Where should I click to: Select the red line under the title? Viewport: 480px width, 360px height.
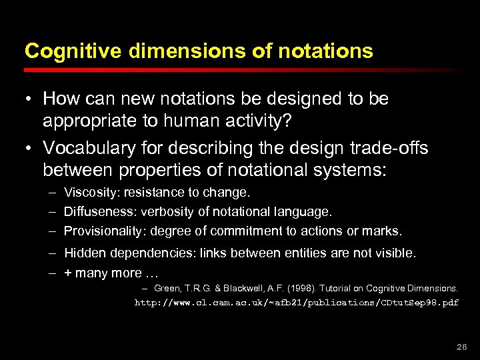click(x=240, y=69)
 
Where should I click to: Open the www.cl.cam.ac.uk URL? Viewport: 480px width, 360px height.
click(x=297, y=302)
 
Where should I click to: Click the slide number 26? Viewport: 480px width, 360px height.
click(x=461, y=347)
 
